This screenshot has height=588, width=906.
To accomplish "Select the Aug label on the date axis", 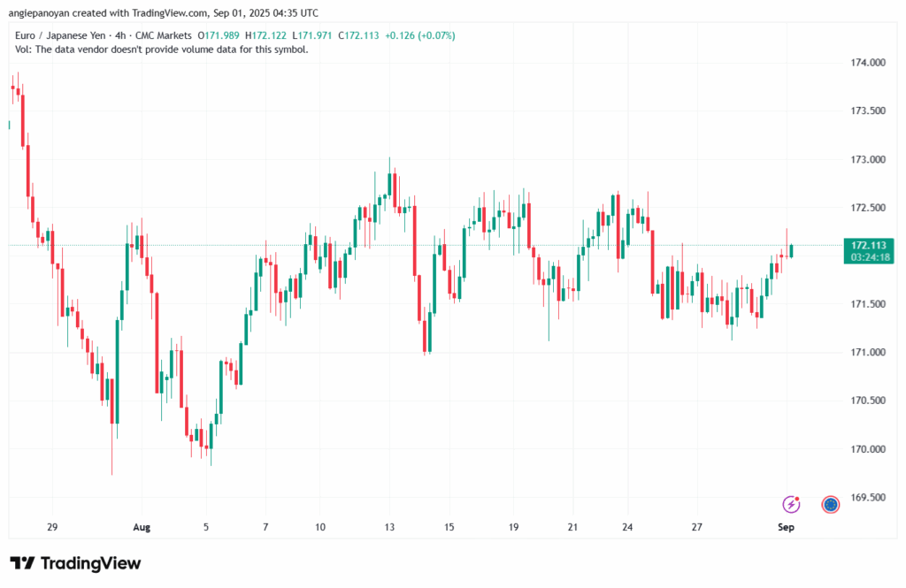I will coord(142,527).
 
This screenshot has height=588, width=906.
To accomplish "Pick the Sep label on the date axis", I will coord(786,527).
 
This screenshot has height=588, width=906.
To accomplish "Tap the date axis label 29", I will coord(51,527).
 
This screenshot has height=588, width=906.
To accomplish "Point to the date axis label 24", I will coord(627,527).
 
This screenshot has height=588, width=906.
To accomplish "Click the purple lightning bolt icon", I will coord(791,504).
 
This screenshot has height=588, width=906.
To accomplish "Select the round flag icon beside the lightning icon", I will coord(830,504).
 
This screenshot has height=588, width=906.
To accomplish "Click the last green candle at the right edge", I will coord(792,251).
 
